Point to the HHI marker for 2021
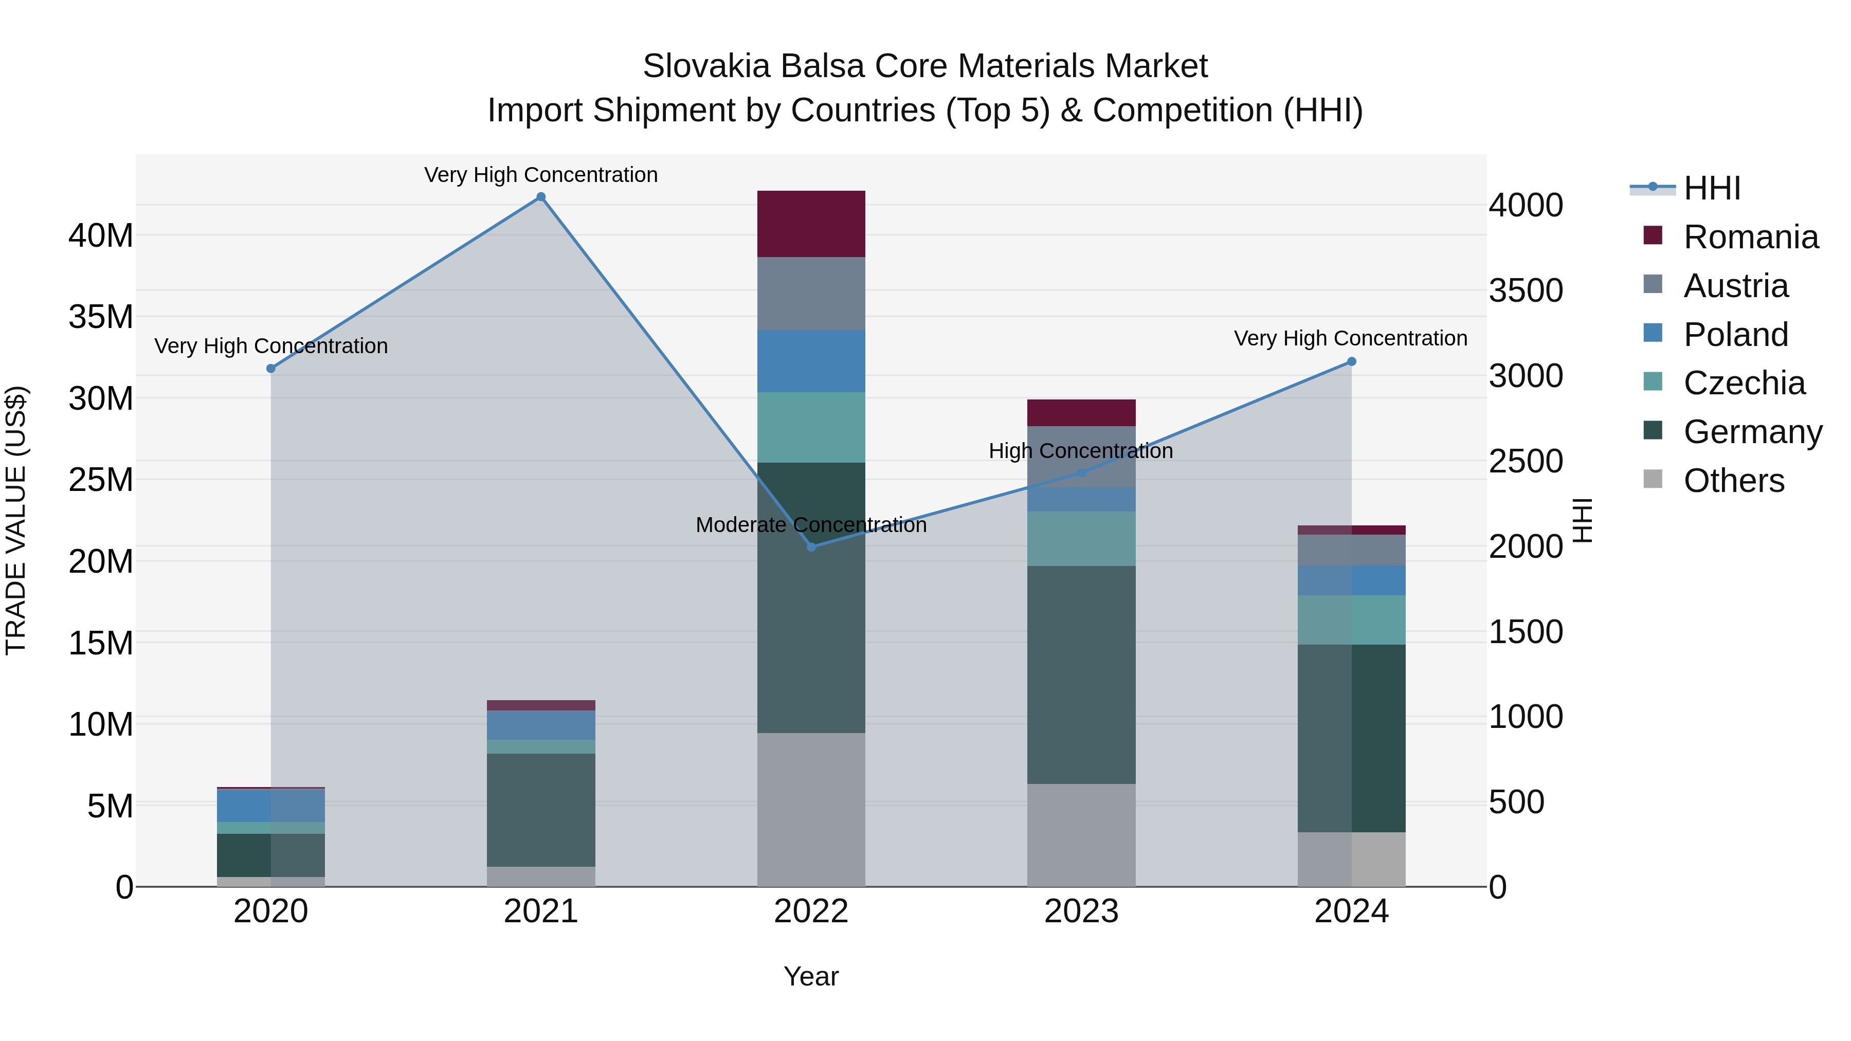pos(541,197)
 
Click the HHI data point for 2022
pos(811,547)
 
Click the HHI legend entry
pos(1712,188)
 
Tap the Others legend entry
pos(1733,481)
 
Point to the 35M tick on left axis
pos(101,317)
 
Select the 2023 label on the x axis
pos(1081,911)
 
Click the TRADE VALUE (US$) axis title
pos(16,520)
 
